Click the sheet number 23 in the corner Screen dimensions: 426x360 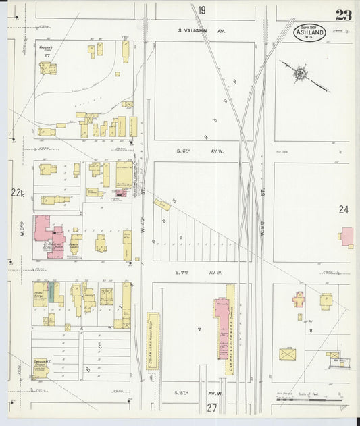coord(342,16)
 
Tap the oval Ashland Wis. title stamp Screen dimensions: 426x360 coord(309,32)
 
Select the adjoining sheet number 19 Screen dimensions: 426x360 coord(201,10)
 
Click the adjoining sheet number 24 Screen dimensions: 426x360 coord(344,210)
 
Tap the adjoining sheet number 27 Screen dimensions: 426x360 coord(211,408)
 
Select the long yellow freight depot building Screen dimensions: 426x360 coord(153,340)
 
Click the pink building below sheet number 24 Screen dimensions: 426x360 coord(346,236)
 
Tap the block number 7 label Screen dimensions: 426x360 coord(199,329)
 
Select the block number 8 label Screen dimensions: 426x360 coord(311,331)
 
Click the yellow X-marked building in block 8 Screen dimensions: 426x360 coord(288,354)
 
